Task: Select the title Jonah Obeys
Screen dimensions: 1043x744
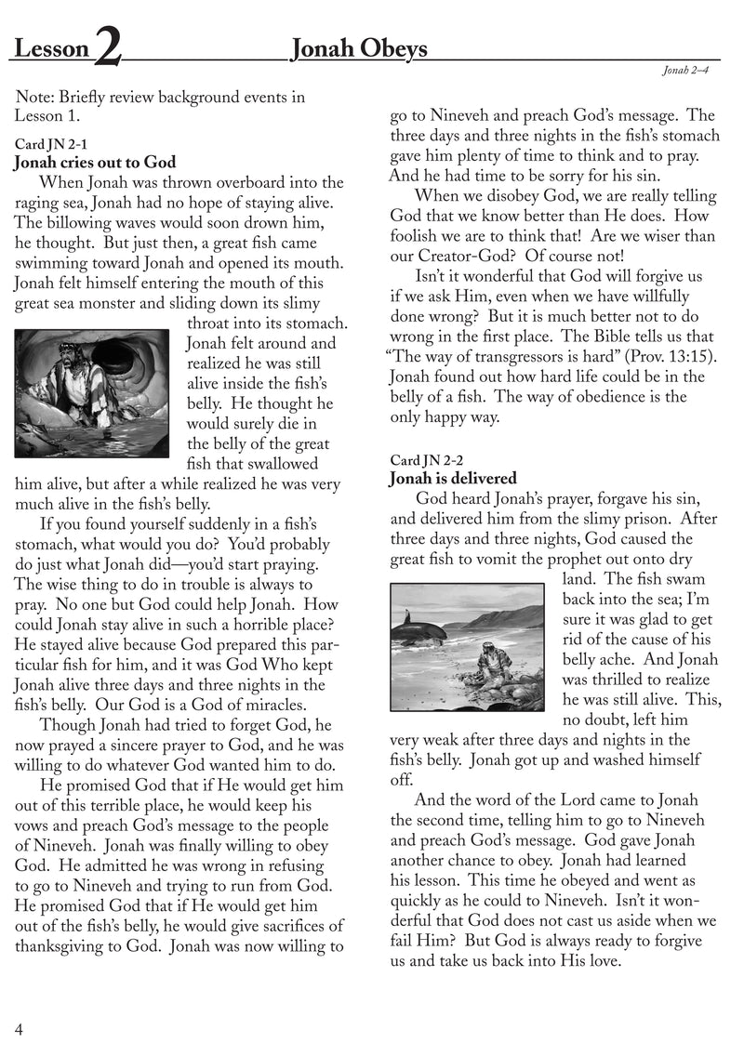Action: [x=359, y=48]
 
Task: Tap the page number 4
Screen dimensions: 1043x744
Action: [x=19, y=1026]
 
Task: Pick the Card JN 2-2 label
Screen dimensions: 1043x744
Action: [x=419, y=460]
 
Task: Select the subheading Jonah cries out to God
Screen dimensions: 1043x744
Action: [x=95, y=164]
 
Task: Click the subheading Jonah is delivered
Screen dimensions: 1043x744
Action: [x=453, y=479]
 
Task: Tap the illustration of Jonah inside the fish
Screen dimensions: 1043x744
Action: [x=92, y=392]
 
